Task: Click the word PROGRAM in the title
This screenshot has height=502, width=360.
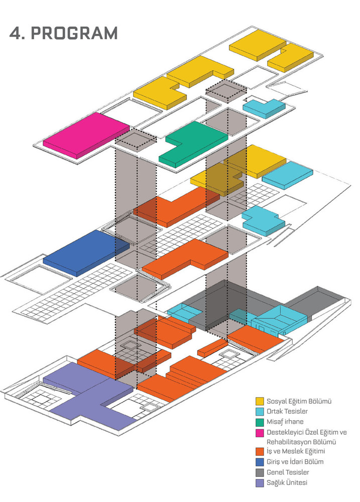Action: [x=75, y=33]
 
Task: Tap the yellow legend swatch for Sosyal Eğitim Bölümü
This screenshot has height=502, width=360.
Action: [x=260, y=401]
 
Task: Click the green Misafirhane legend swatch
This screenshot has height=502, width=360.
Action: [x=260, y=422]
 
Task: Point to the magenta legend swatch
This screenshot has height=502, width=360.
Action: [x=260, y=433]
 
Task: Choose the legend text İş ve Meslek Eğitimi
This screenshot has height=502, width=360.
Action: [x=296, y=451]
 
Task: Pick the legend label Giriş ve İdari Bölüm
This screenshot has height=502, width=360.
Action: [x=295, y=462]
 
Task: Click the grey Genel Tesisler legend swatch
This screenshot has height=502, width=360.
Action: [x=260, y=472]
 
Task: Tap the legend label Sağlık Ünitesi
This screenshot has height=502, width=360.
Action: [x=287, y=482]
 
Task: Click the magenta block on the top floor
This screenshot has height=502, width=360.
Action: [x=86, y=135]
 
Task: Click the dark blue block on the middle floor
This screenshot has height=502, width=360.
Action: [x=86, y=253]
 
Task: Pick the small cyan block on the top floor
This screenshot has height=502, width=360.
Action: [x=264, y=108]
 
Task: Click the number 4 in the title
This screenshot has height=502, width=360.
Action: [x=16, y=33]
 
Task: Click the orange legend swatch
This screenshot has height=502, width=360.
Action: [x=260, y=451]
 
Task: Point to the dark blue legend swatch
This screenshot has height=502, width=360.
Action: [x=260, y=462]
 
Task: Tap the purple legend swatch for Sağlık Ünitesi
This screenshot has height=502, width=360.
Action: [x=260, y=483]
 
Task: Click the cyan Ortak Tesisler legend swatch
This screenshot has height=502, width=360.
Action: [x=260, y=412]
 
